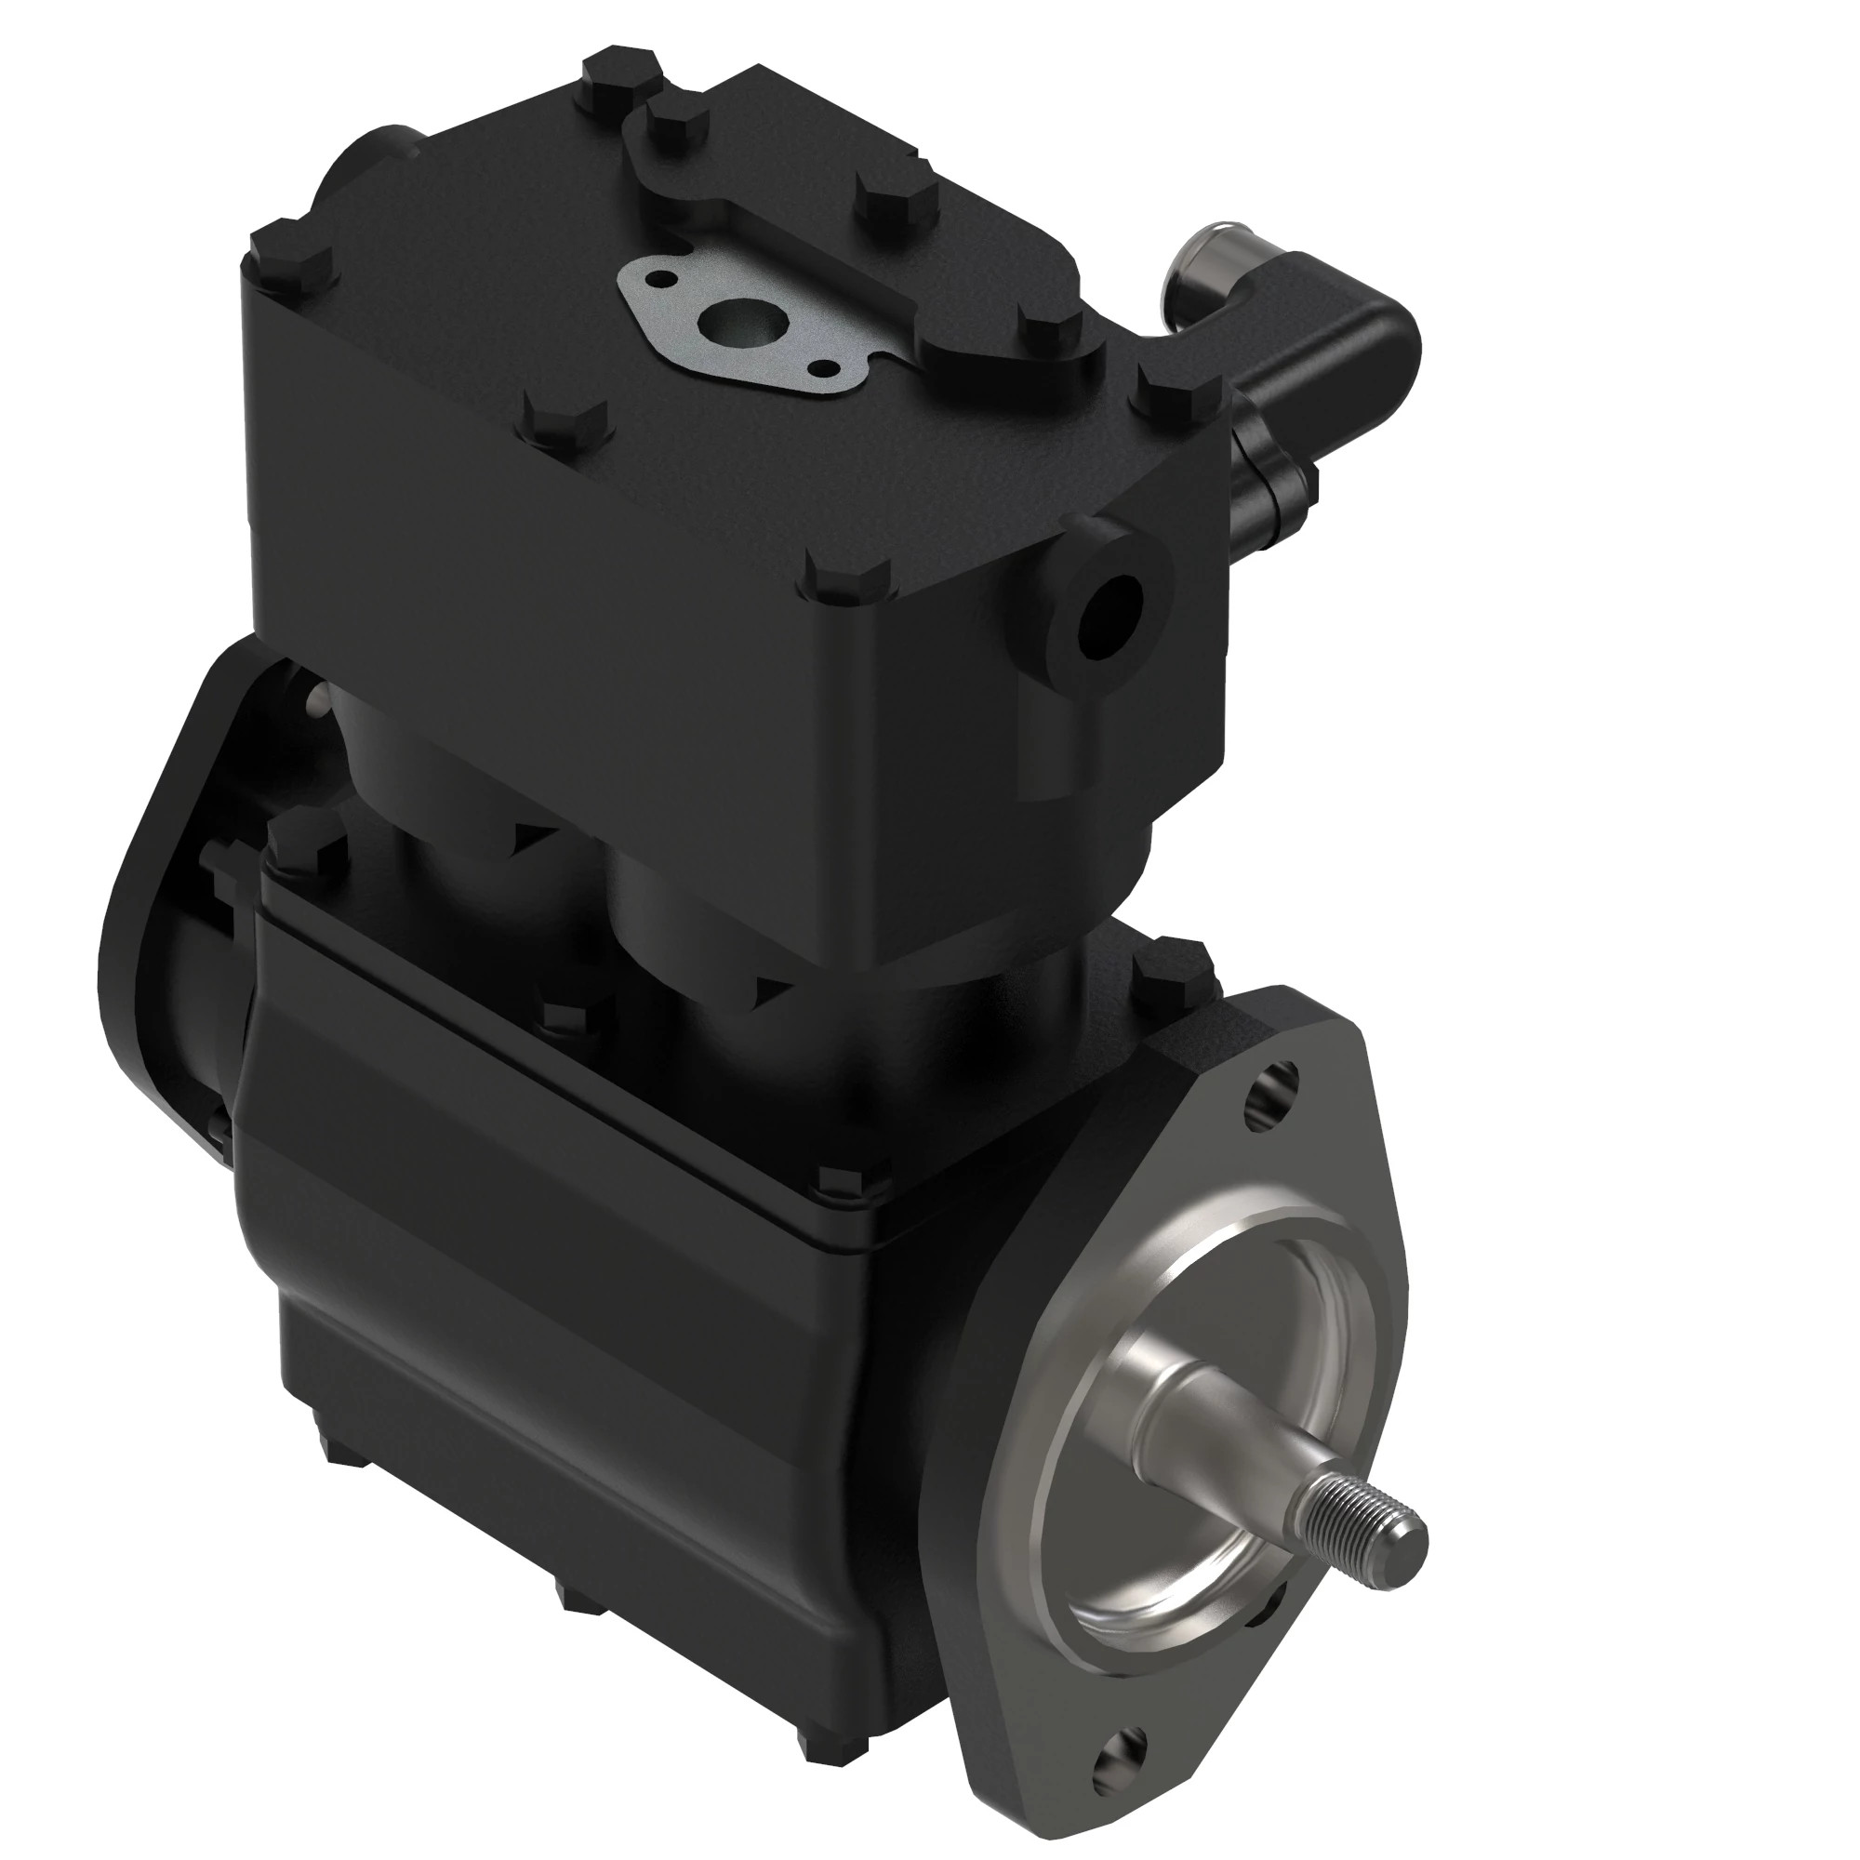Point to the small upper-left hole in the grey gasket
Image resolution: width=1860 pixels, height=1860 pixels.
[x=660, y=278]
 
